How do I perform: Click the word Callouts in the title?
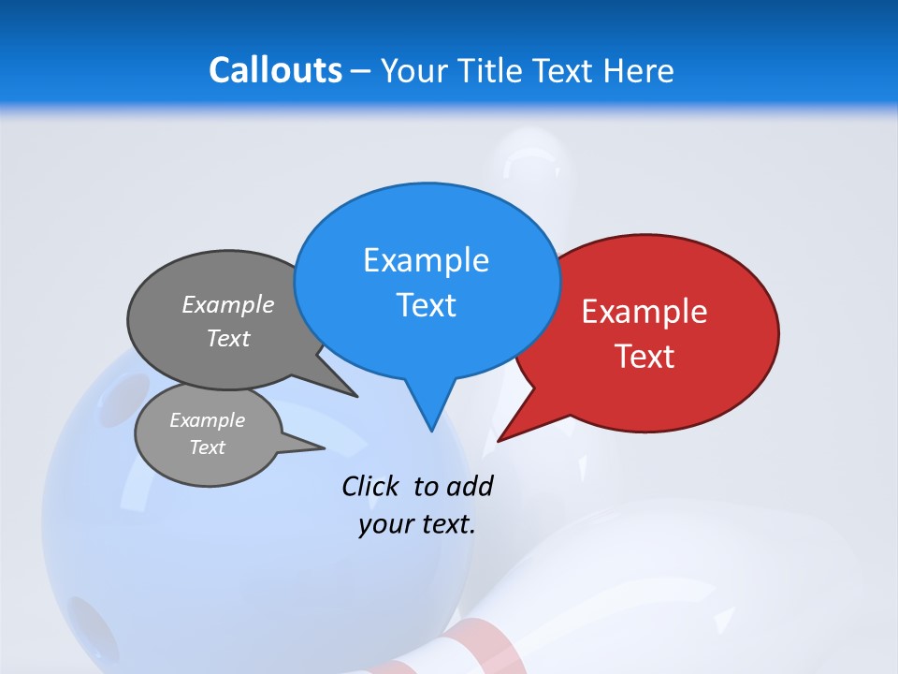tap(275, 70)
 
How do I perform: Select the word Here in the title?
tap(640, 70)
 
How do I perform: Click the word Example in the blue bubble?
tap(426, 260)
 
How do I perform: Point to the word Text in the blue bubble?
tap(426, 305)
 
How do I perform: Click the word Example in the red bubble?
tap(645, 312)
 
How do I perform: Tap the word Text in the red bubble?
tap(645, 357)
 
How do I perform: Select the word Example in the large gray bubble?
tap(228, 305)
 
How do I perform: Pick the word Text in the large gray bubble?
tap(228, 339)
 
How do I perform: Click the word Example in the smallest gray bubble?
tap(207, 420)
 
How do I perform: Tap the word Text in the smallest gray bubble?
tap(207, 447)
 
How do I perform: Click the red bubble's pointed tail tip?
tap(500, 439)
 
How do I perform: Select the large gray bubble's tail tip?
tap(355, 396)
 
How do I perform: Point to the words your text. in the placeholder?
tap(417, 524)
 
